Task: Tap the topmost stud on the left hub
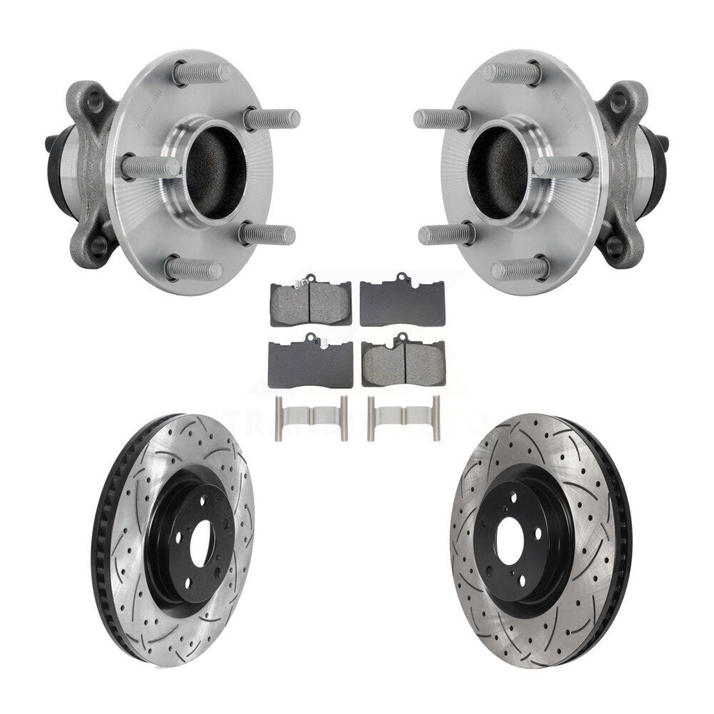click(203, 73)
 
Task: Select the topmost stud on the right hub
click(511, 73)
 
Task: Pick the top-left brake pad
click(310, 301)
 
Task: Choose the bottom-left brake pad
click(310, 363)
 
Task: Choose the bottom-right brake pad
click(403, 362)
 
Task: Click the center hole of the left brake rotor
click(201, 537)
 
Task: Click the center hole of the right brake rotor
click(513, 537)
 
